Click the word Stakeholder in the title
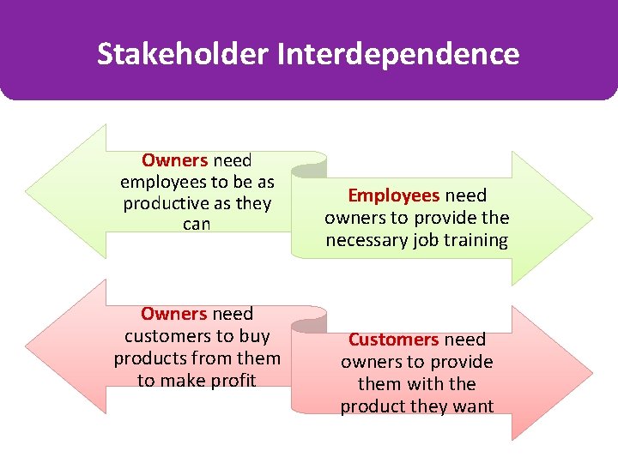pyautogui.click(x=183, y=54)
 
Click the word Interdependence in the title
pyautogui.click(x=398, y=54)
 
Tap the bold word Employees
pyautogui.click(x=393, y=195)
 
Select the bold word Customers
pyautogui.click(x=394, y=340)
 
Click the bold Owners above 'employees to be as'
pyautogui.click(x=174, y=160)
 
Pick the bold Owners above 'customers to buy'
pyautogui.click(x=174, y=314)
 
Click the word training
pyautogui.click(x=471, y=240)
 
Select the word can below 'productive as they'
pyautogui.click(x=197, y=225)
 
